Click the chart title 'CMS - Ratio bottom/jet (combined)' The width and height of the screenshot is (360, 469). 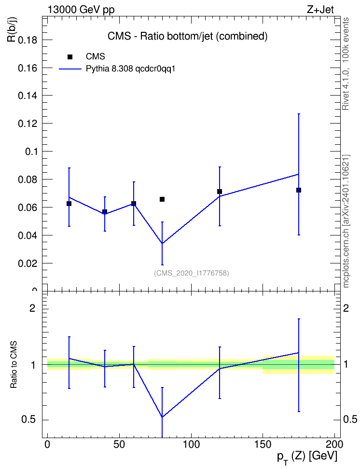coord(187,36)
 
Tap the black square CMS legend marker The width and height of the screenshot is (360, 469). coord(70,57)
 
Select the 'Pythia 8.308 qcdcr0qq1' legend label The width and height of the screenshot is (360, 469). coord(130,69)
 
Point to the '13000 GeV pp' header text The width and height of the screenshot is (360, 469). coord(81,10)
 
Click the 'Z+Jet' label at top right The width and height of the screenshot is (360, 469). coord(320,10)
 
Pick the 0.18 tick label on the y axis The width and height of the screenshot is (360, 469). coord(28,40)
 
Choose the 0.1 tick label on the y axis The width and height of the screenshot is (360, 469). coord(31,152)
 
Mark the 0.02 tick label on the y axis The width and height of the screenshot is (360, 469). coord(28,263)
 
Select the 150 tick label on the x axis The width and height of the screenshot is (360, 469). coord(263,444)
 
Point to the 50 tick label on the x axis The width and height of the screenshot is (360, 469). coord(119,444)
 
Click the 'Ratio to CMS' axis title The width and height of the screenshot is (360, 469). coord(14,365)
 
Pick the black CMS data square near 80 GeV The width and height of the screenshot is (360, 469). coord(162,199)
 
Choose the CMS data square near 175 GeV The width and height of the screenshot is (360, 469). coord(299,190)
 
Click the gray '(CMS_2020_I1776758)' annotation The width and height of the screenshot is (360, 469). coord(192,273)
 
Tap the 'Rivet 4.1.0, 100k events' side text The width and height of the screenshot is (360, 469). coord(346,64)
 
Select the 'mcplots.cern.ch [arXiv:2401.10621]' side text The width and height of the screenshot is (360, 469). coord(346,221)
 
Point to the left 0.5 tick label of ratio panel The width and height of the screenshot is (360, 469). coord(29,420)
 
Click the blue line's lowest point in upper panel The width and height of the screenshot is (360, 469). coord(162,244)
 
